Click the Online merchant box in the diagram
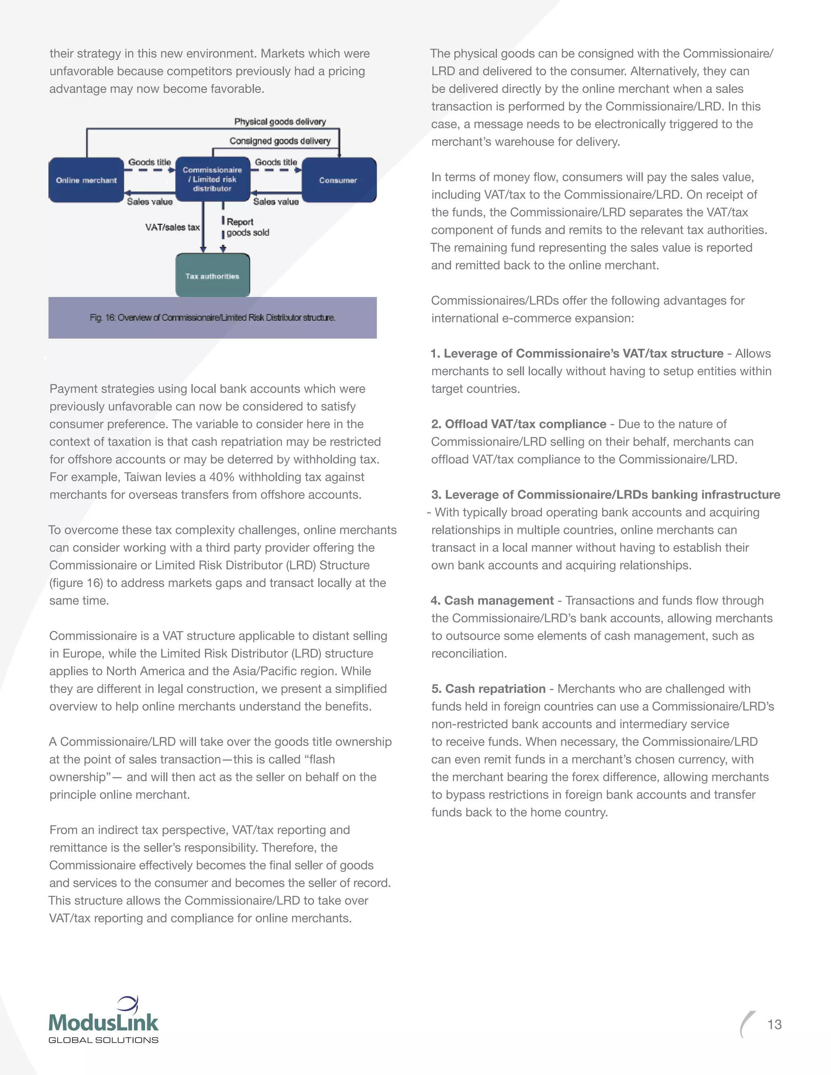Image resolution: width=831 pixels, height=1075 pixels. (86, 180)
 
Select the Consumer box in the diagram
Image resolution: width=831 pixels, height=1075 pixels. (338, 180)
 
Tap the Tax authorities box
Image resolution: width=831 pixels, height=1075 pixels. (212, 276)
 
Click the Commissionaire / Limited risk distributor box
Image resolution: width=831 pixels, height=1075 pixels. (212, 179)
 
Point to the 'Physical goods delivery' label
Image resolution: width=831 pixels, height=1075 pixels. (280, 122)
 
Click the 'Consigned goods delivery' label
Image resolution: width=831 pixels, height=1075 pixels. (280, 141)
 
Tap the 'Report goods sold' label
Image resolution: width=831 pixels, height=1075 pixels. (247, 228)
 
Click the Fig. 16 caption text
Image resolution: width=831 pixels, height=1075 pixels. (212, 318)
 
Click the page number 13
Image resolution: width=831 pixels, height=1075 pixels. (774, 1024)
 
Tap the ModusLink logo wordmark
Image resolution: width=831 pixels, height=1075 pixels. (103, 1022)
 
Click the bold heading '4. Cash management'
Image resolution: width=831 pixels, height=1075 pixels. (492, 600)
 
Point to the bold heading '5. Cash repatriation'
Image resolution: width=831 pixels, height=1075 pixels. (489, 689)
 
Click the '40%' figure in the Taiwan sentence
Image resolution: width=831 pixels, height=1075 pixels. (222, 477)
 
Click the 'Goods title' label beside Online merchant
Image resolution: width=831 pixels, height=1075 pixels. (149, 162)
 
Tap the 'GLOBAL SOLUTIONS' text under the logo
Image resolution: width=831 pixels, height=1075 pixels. (103, 1040)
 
